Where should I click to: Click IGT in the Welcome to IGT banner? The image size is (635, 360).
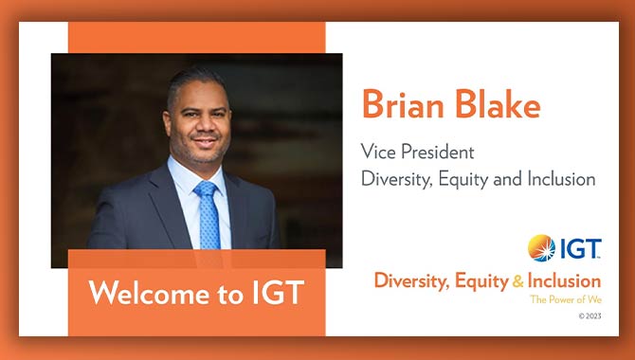coord(273,293)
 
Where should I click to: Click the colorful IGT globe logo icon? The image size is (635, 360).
coord(541,248)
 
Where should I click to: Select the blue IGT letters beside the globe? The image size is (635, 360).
coord(579,249)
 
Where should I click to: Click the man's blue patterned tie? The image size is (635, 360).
coord(208,218)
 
